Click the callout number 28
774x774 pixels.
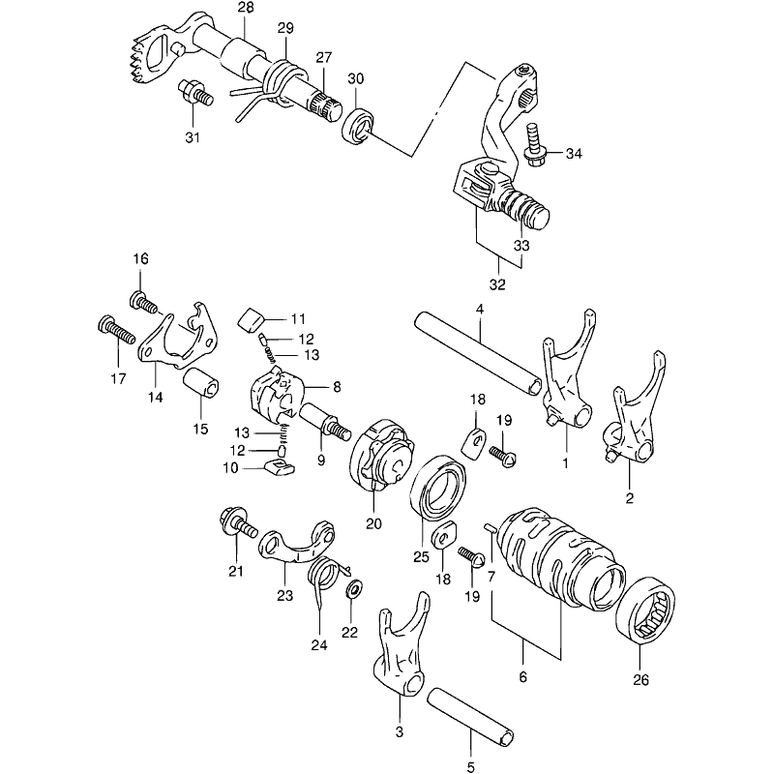[x=246, y=9]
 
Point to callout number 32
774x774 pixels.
[x=497, y=284]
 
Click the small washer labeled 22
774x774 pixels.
[x=354, y=588]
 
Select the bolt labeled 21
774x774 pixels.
[x=237, y=527]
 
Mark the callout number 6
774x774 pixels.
[x=522, y=676]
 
